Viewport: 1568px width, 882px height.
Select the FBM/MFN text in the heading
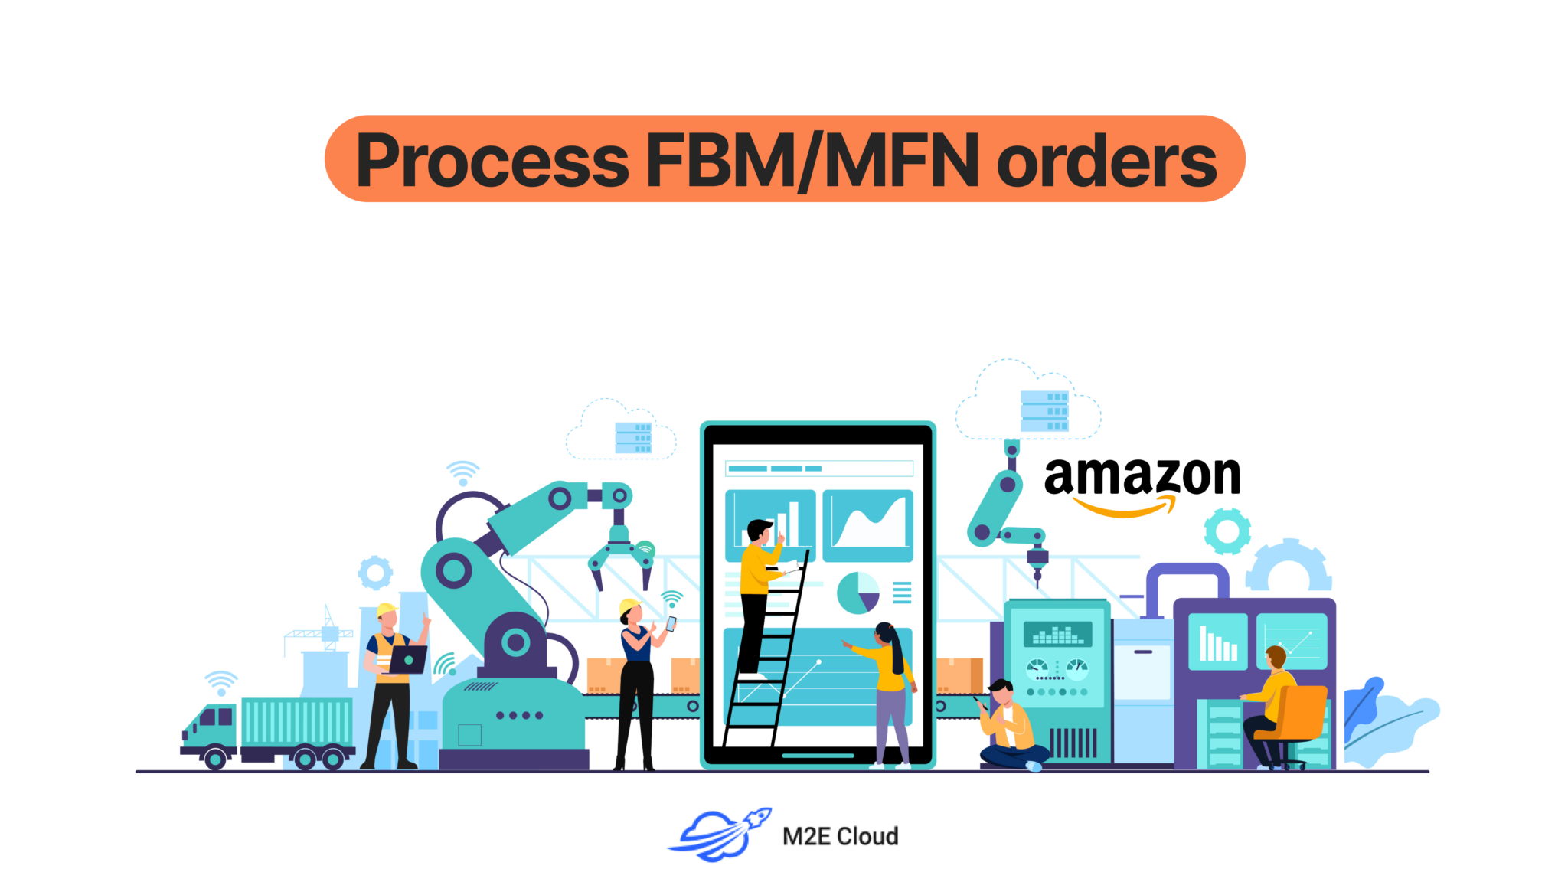click(x=812, y=161)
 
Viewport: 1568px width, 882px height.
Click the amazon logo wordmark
click(x=1142, y=476)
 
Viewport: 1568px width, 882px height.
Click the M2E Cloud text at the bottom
click(x=840, y=836)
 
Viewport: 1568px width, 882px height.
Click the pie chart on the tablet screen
click(x=857, y=593)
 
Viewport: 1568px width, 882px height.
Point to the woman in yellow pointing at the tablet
click(x=888, y=674)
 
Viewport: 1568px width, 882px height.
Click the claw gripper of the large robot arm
click(x=620, y=563)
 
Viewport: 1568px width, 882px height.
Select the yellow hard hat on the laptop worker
click(x=387, y=610)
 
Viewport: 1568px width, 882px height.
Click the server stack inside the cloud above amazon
click(x=1044, y=411)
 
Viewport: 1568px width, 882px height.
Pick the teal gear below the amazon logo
click(x=1227, y=531)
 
